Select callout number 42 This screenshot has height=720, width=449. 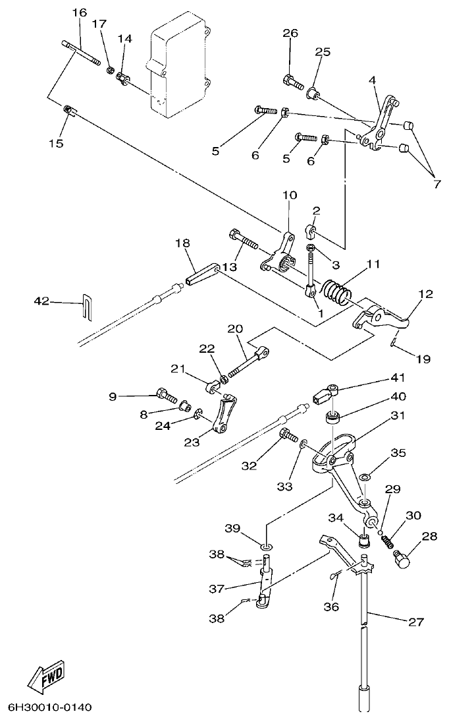pos(41,301)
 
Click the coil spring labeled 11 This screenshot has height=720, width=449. pos(338,291)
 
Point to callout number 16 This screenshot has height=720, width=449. pos(79,13)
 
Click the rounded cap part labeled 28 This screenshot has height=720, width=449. pos(401,559)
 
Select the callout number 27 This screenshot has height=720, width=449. pos(416,622)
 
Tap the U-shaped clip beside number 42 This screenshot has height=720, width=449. pos(87,307)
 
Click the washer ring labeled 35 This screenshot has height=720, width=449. pos(365,476)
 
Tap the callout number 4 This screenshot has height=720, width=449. pos(373,80)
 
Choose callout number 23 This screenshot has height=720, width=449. pos(192,443)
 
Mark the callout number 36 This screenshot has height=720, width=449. pos(331,606)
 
